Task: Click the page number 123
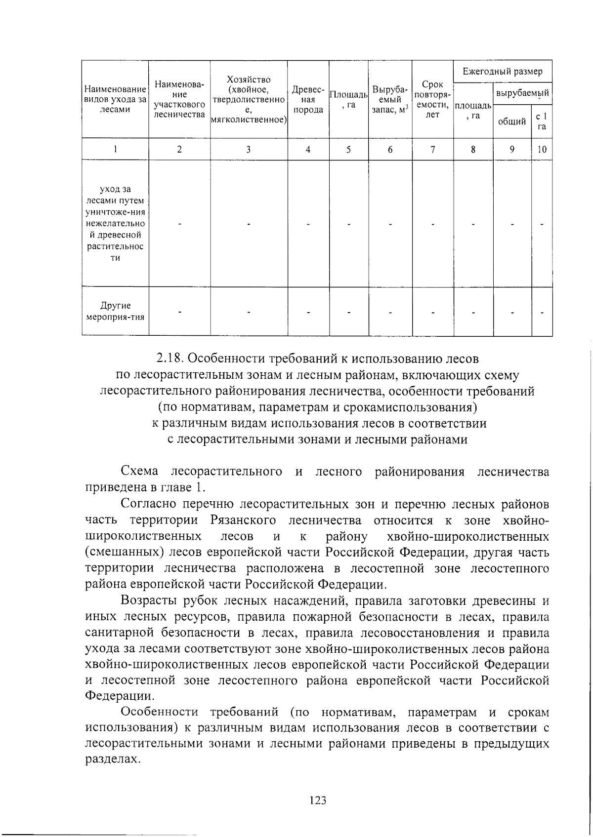[318, 800]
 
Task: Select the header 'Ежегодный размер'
[502, 72]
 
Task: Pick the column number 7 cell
[432, 150]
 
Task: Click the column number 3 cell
[249, 150]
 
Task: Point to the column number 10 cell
[542, 150]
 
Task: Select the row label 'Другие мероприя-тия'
[115, 312]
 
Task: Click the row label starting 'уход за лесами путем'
[115, 224]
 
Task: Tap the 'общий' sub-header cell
[512, 121]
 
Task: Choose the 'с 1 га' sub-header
[542, 121]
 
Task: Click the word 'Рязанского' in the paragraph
[243, 520]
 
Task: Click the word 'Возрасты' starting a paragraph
[149, 601]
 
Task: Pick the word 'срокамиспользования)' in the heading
[395, 407]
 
